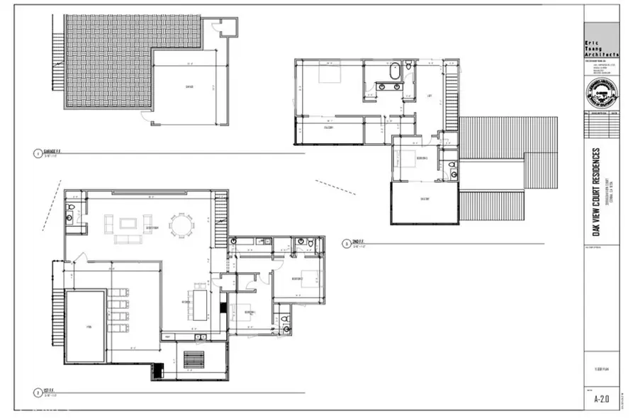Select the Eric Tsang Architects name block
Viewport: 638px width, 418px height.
[601, 47]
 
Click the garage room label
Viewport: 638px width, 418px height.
[189, 88]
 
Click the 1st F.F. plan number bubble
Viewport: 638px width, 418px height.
[36, 391]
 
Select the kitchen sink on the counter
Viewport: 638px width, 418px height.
[199, 335]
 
